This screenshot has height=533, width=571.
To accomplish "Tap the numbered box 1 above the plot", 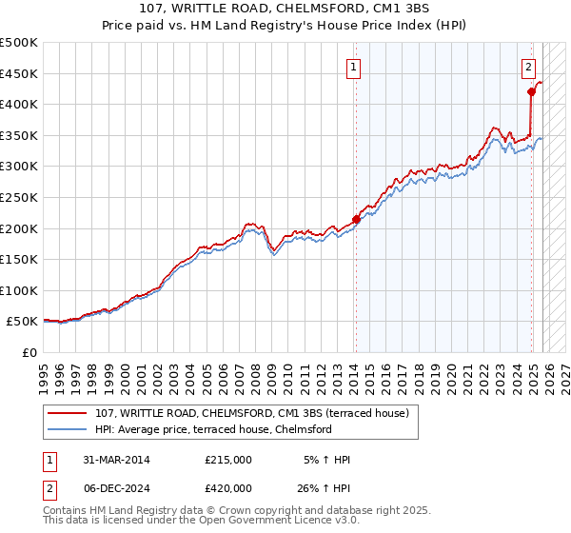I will point(354,67).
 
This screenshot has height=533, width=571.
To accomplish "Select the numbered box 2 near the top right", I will point(528,67).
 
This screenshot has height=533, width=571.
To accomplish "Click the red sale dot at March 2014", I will point(356,219).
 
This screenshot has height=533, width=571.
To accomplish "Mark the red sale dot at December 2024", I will point(531,91).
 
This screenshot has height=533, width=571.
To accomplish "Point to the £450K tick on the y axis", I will point(19,73).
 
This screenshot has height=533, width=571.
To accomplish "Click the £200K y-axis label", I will point(19,228).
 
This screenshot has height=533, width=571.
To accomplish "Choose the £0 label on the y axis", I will point(29,353).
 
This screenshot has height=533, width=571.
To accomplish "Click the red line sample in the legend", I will point(68,413).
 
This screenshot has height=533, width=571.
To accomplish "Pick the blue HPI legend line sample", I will point(68,429).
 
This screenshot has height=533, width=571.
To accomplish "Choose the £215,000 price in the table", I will point(228,460).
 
